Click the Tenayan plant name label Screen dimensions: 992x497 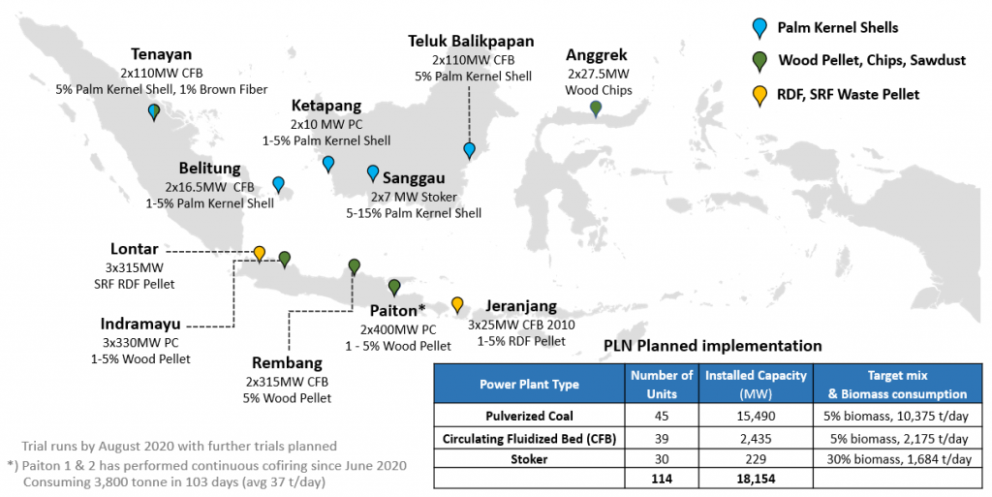[x=162, y=54]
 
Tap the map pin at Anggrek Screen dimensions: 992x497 [x=596, y=109]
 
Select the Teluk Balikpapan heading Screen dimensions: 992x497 [x=471, y=42]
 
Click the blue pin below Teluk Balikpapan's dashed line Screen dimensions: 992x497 [x=470, y=150]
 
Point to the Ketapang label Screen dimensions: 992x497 [x=326, y=106]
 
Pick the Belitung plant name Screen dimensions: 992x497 [x=210, y=169]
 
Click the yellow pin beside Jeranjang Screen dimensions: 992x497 [x=457, y=305]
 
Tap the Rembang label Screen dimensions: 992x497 [x=287, y=363]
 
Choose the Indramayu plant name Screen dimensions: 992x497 [x=140, y=325]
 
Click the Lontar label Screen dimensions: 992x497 [x=134, y=248]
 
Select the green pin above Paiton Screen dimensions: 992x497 [x=394, y=288]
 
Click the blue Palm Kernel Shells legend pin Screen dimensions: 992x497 [x=759, y=28]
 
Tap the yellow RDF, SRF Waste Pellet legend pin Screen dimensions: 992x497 [x=759, y=96]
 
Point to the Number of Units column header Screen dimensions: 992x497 [x=662, y=385]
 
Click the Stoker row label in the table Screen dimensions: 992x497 [x=529, y=459]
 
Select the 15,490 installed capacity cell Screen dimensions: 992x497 [x=756, y=416]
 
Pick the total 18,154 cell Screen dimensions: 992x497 [x=756, y=479]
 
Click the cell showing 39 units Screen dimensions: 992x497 [x=662, y=438]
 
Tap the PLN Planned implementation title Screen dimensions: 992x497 [x=712, y=346]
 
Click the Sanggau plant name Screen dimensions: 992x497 [x=414, y=179]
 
